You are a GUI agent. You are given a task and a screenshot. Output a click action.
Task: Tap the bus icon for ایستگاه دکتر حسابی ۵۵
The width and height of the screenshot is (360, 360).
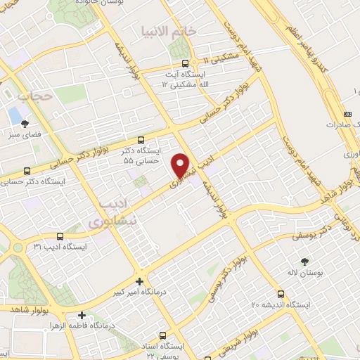coord(142,140)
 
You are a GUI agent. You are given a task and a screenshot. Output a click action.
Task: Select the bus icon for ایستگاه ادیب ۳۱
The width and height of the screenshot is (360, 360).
coord(59,236)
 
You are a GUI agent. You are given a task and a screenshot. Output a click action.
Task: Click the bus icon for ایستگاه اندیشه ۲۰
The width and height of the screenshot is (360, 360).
coord(281,294)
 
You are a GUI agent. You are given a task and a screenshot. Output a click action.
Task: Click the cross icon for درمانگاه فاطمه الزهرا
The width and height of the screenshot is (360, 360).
coord(83,316)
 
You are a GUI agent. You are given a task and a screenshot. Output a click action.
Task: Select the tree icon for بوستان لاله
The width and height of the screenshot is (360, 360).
coord(304,261)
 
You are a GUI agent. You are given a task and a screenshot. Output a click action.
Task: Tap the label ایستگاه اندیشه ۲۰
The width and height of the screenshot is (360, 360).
coord(281,304)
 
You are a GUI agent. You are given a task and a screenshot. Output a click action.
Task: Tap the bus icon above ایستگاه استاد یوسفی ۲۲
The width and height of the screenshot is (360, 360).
coord(163,335)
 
